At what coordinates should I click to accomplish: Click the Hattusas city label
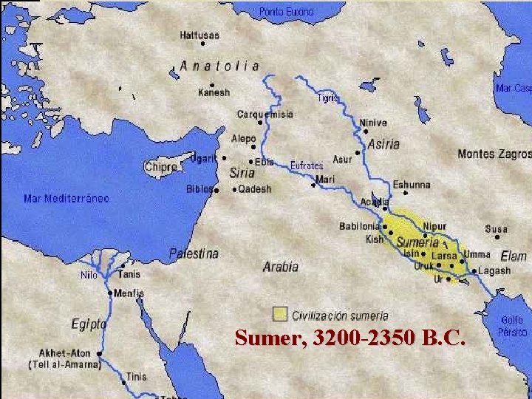click(x=199, y=35)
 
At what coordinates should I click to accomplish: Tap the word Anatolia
click(x=219, y=66)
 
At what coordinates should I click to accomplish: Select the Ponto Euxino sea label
click(x=286, y=12)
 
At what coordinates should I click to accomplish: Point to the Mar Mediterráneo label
click(x=66, y=198)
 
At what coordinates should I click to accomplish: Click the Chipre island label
click(x=161, y=167)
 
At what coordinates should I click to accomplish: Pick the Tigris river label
click(x=328, y=98)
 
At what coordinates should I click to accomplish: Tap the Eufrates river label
click(x=306, y=166)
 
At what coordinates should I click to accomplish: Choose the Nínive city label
click(x=373, y=123)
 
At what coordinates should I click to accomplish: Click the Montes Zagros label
click(x=494, y=154)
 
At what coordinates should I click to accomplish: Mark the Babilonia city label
click(x=360, y=225)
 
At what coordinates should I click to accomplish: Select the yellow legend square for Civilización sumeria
click(x=279, y=314)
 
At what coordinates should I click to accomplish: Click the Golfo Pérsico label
click(x=512, y=326)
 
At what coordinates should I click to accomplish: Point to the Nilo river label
click(x=89, y=275)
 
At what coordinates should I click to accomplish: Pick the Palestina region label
click(x=194, y=253)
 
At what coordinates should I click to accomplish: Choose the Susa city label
click(x=497, y=229)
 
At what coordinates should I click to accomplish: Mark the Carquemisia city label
click(x=265, y=115)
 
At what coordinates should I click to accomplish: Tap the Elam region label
click(x=514, y=256)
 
